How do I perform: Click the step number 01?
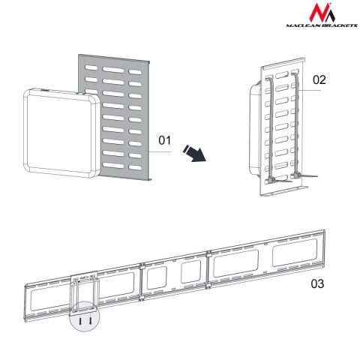click(x=166, y=139)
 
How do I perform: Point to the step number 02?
click(x=320, y=79)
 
